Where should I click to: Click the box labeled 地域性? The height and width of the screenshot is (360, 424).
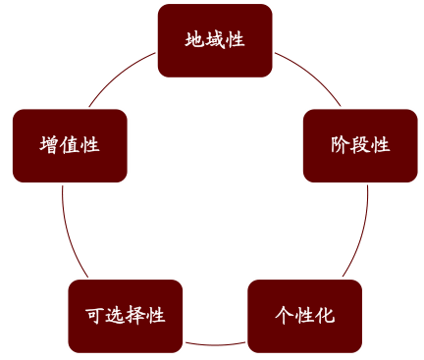tap(214, 40)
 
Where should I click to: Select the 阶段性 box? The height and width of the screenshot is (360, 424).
tap(359, 145)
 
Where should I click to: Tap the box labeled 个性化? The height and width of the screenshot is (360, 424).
tap(304, 316)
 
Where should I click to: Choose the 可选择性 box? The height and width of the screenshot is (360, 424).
tap(125, 316)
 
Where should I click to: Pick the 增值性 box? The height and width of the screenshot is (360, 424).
tap(70, 145)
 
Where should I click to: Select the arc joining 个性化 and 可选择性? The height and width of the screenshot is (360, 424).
tap(215, 344)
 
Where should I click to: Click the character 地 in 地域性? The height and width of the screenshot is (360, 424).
tap(194, 40)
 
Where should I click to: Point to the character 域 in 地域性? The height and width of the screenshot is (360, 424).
tap(214, 40)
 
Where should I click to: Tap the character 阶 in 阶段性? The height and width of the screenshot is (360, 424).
tap(340, 145)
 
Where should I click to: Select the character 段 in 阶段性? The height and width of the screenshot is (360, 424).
tap(359, 145)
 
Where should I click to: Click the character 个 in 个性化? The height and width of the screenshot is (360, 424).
tap(285, 316)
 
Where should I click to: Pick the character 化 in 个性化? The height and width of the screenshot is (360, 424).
tap(325, 316)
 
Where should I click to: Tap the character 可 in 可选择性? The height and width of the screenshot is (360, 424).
tap(95, 316)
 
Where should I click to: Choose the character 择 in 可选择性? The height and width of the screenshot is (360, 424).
tap(134, 316)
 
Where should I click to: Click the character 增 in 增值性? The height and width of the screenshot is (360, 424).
tap(50, 145)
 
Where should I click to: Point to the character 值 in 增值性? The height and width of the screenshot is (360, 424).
tap(70, 145)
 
